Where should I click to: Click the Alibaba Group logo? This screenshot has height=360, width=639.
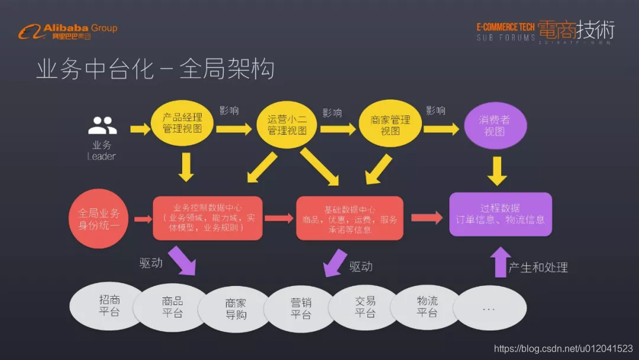coord(67,31)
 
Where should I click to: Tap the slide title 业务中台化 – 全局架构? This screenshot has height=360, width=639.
coord(155,69)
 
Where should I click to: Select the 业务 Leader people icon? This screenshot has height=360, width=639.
coord(102,126)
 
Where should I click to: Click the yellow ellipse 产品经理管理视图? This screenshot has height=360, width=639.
coord(182,123)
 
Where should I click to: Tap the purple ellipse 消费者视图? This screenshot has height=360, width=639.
coord(494,126)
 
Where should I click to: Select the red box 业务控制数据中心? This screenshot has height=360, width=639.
coord(208,218)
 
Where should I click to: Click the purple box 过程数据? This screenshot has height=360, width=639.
coord(501,214)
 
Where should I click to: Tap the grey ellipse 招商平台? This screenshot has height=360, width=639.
coord(109,306)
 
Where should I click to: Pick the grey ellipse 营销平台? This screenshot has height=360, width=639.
coord(301,308)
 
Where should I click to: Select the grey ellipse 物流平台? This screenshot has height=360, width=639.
coord(427,307)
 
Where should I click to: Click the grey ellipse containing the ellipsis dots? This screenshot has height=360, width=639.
coord(488,309)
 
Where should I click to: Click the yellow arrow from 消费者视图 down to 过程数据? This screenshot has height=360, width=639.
coord(496,171)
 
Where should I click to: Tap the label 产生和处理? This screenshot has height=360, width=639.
coord(538,268)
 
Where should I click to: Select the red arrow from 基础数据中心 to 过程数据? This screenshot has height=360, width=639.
coord(427,218)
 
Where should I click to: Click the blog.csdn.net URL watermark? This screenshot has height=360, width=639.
coord(563,349)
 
